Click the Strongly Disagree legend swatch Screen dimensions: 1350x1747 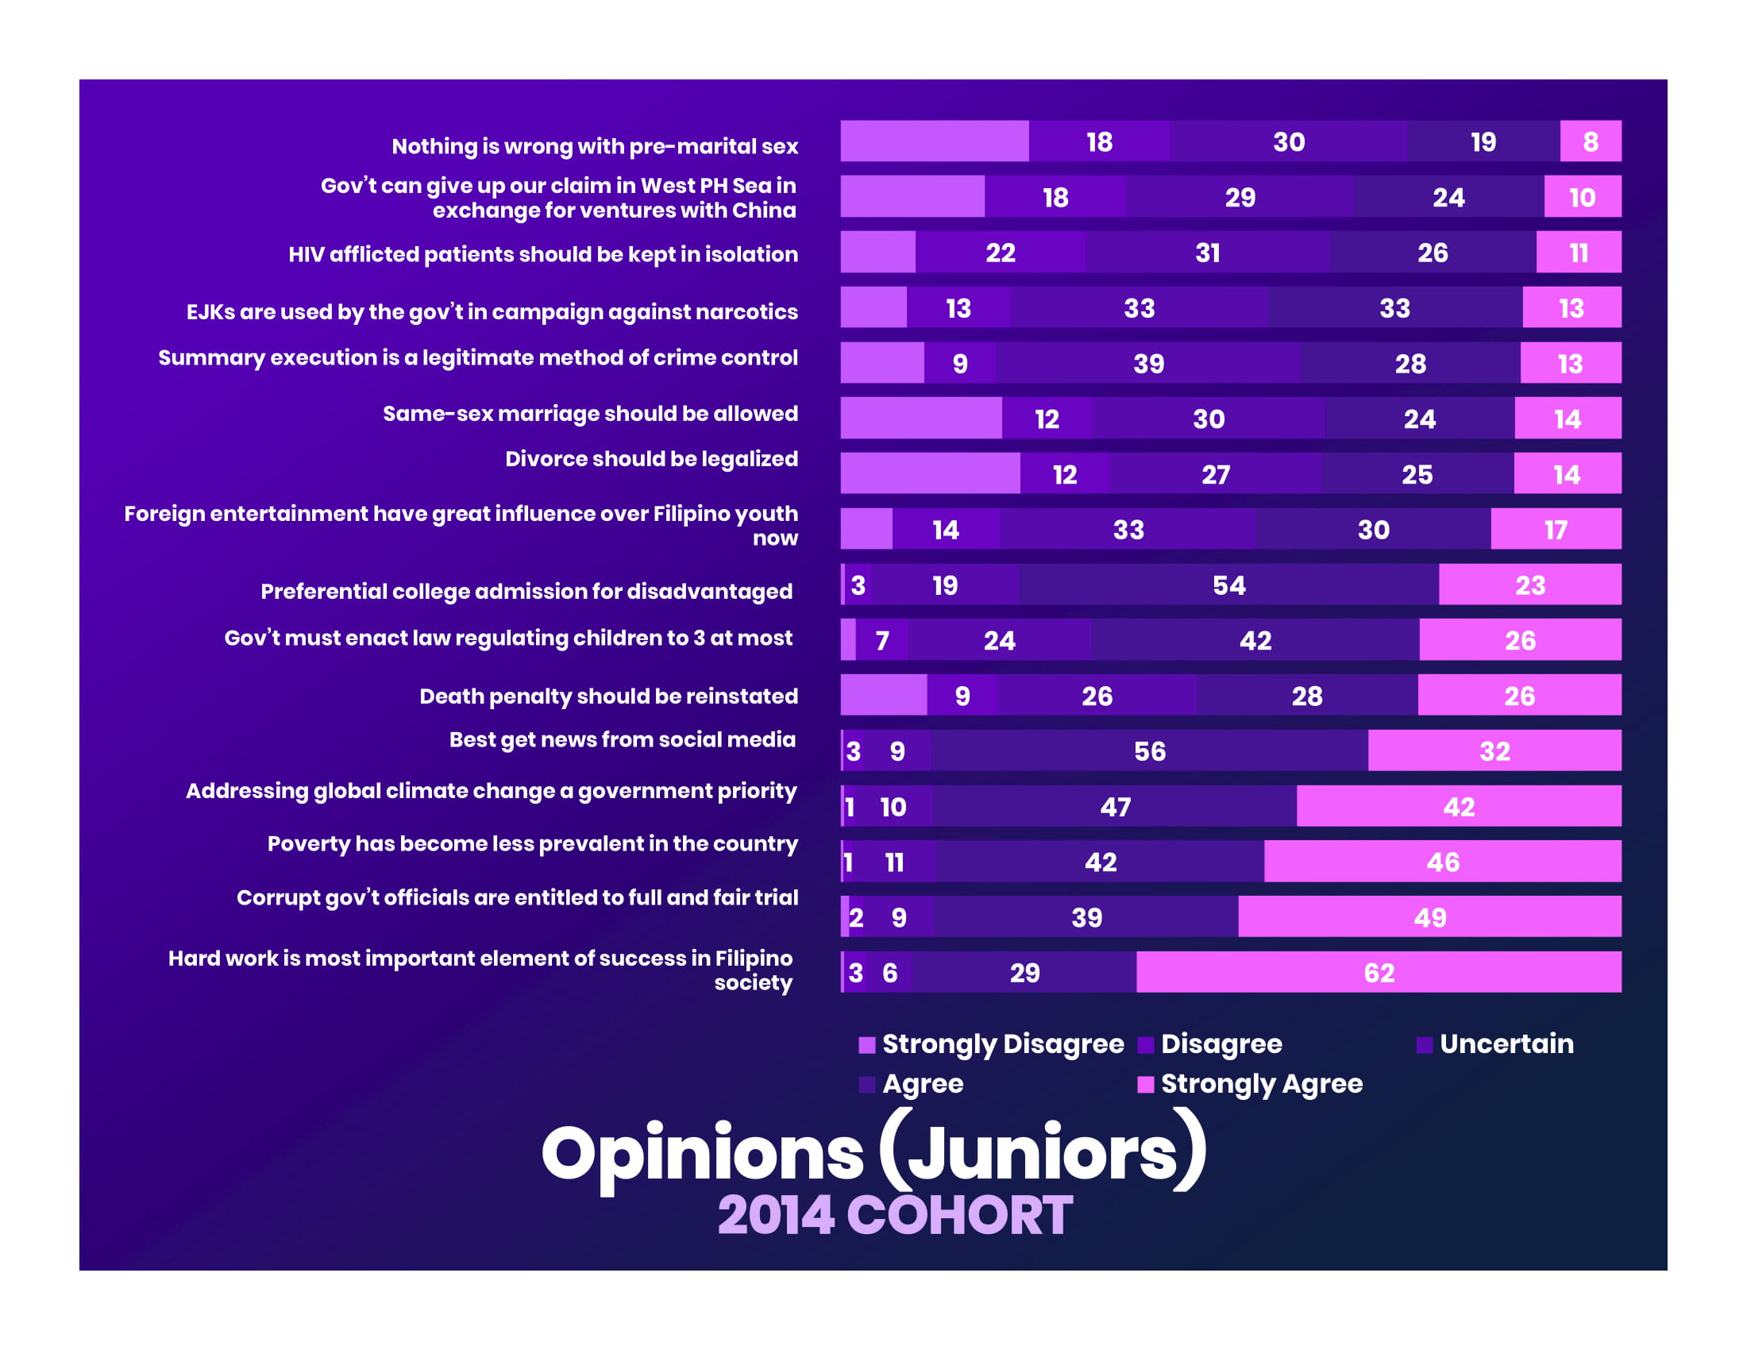coord(866,1044)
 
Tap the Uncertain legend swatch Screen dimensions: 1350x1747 coord(1424,1044)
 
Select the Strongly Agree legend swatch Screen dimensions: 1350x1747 coord(1145,1085)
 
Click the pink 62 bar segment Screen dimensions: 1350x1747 coord(1379,972)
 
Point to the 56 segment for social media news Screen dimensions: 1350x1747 coord(1150,750)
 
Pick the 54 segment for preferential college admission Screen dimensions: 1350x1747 coord(1228,584)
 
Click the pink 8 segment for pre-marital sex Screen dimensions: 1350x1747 coord(1591,141)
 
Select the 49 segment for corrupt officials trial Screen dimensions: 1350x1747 coord(1429,916)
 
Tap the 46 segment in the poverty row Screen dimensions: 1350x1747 coord(1442,862)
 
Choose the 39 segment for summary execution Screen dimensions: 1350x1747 coord(1148,363)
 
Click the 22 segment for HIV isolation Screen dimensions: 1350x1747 coord(1000,253)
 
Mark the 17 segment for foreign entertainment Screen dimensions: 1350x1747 coord(1555,529)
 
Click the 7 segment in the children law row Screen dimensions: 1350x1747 coord(882,640)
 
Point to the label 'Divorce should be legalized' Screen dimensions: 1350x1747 coord(651,459)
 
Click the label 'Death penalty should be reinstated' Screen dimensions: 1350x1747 coord(608,696)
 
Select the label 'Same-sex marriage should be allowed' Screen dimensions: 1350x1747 coord(589,414)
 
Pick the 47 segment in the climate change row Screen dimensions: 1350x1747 coord(1115,806)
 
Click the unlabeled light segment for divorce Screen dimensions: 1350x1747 coord(930,473)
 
